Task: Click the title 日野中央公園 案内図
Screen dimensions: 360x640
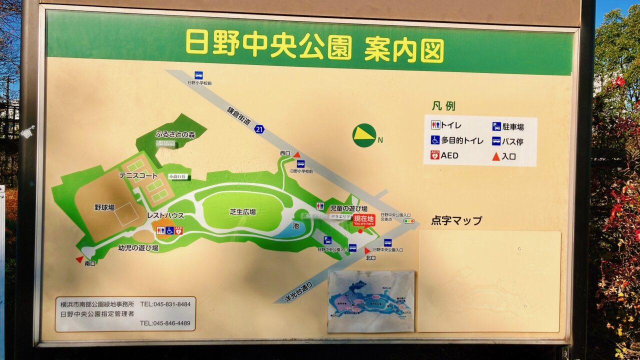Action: click(314, 45)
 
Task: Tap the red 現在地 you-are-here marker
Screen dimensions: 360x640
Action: click(363, 220)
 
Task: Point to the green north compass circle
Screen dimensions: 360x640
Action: click(364, 135)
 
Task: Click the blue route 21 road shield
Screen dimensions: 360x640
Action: click(258, 129)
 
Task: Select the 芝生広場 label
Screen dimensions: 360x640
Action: click(242, 211)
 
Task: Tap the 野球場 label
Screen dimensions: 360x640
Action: click(104, 207)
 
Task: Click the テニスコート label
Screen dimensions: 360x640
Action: click(138, 175)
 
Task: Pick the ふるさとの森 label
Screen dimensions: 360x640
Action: click(174, 134)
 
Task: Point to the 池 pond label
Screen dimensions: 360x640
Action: click(295, 225)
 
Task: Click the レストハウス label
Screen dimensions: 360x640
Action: click(165, 215)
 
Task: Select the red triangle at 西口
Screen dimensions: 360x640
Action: click(296, 155)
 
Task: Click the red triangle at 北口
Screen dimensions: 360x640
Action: click(367, 250)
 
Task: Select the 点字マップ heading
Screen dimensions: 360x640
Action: click(456, 220)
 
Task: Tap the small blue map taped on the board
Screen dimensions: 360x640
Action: click(371, 301)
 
